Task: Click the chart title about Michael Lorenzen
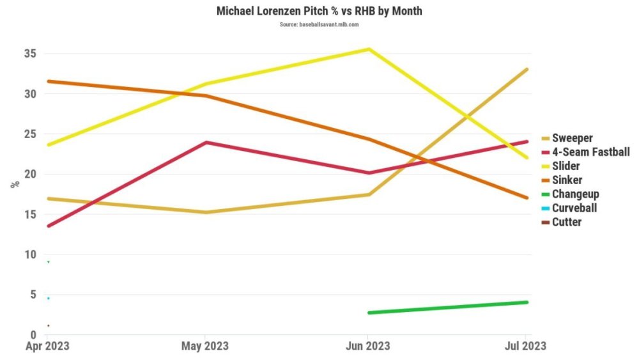tap(319, 11)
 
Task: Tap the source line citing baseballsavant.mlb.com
tap(319, 24)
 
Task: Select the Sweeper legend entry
tap(573, 138)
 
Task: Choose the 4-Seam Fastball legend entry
tap(590, 152)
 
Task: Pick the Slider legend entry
tap(566, 166)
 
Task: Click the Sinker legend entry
tap(567, 180)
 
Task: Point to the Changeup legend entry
tap(575, 194)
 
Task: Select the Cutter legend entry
tap(567, 223)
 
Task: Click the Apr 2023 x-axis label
tap(48, 346)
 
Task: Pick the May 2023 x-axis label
tap(204, 346)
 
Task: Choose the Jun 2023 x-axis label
tap(367, 346)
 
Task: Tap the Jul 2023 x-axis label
tap(525, 346)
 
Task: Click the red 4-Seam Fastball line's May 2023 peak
tap(206, 142)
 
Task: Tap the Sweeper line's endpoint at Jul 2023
tap(527, 69)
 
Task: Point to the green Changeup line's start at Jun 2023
tap(369, 313)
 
